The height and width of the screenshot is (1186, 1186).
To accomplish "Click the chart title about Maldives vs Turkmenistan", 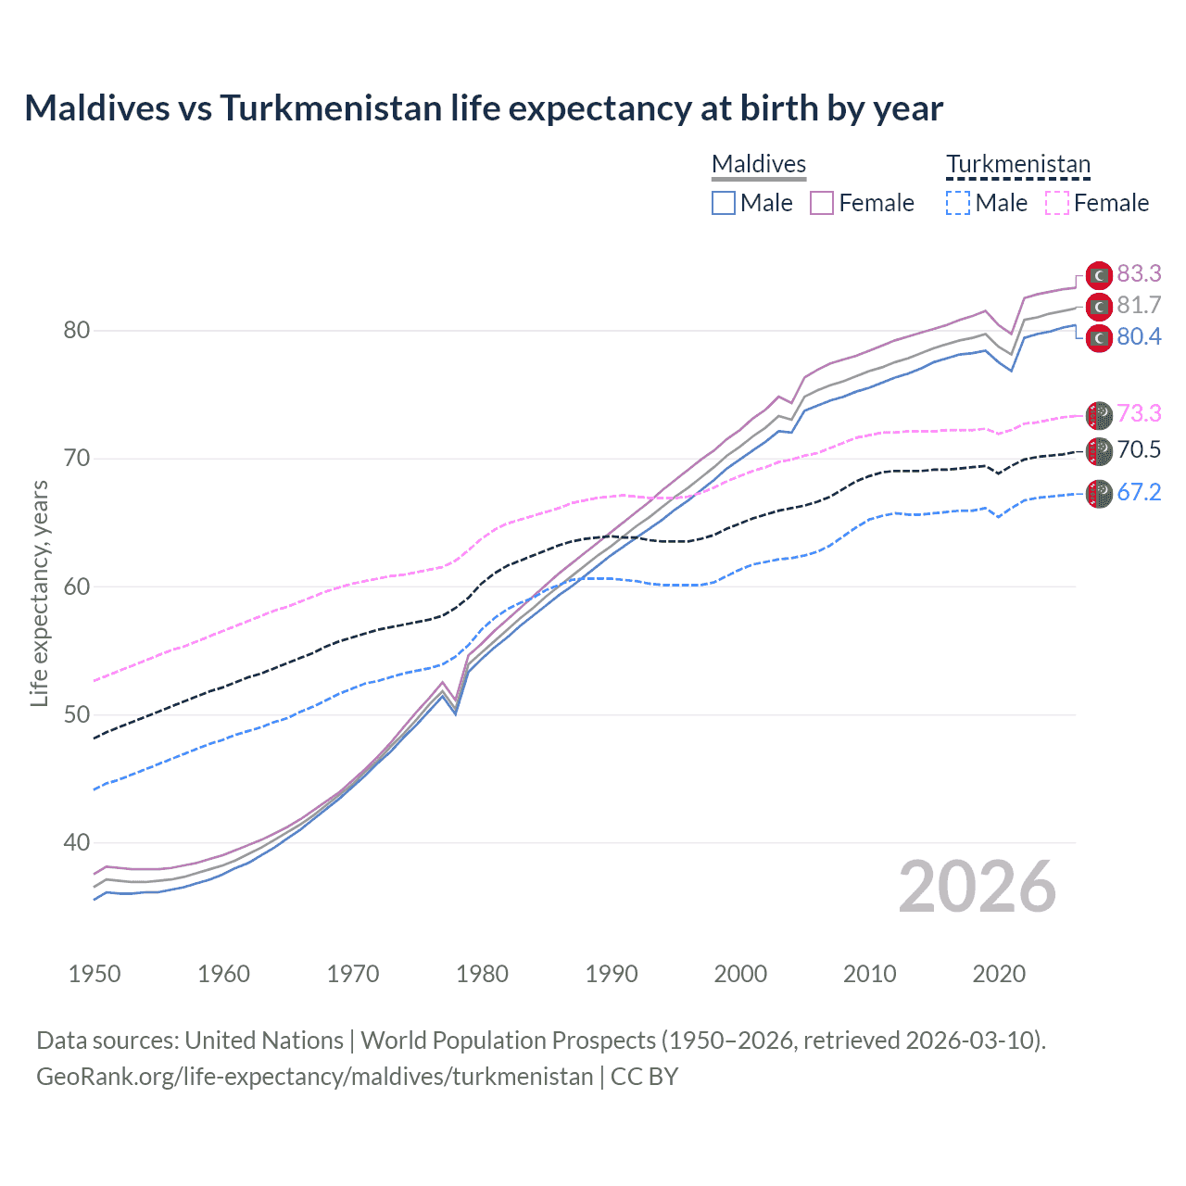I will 483,108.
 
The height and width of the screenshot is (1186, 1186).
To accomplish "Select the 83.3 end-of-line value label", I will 1139,273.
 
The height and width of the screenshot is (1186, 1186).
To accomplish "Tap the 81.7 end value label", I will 1139,306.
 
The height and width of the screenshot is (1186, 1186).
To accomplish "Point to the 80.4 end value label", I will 1139,337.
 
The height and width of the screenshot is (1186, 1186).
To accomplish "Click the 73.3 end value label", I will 1139,413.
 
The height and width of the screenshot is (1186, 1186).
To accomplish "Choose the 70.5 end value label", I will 1139,450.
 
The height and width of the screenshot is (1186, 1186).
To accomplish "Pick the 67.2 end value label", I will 1139,492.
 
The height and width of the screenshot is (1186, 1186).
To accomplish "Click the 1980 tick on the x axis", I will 482,974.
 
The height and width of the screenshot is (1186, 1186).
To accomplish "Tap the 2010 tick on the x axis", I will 869,974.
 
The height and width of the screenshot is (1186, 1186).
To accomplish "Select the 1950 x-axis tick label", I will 95,974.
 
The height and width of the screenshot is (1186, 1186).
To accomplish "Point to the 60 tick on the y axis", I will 76,587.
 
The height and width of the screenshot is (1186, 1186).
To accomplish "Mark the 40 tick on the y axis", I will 76,843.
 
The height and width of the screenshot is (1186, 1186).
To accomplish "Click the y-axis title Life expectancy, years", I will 39,593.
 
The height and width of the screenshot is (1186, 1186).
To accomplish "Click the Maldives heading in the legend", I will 759,164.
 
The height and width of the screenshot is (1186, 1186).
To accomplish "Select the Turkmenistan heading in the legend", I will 1018,164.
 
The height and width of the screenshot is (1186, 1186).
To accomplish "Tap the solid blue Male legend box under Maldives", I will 724,203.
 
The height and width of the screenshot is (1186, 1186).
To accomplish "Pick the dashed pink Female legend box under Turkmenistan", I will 1057,203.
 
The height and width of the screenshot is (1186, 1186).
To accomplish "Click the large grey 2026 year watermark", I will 978,887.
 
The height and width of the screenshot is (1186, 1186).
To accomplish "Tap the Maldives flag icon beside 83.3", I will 1098,275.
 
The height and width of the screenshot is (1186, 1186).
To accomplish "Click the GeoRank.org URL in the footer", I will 314,1077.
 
